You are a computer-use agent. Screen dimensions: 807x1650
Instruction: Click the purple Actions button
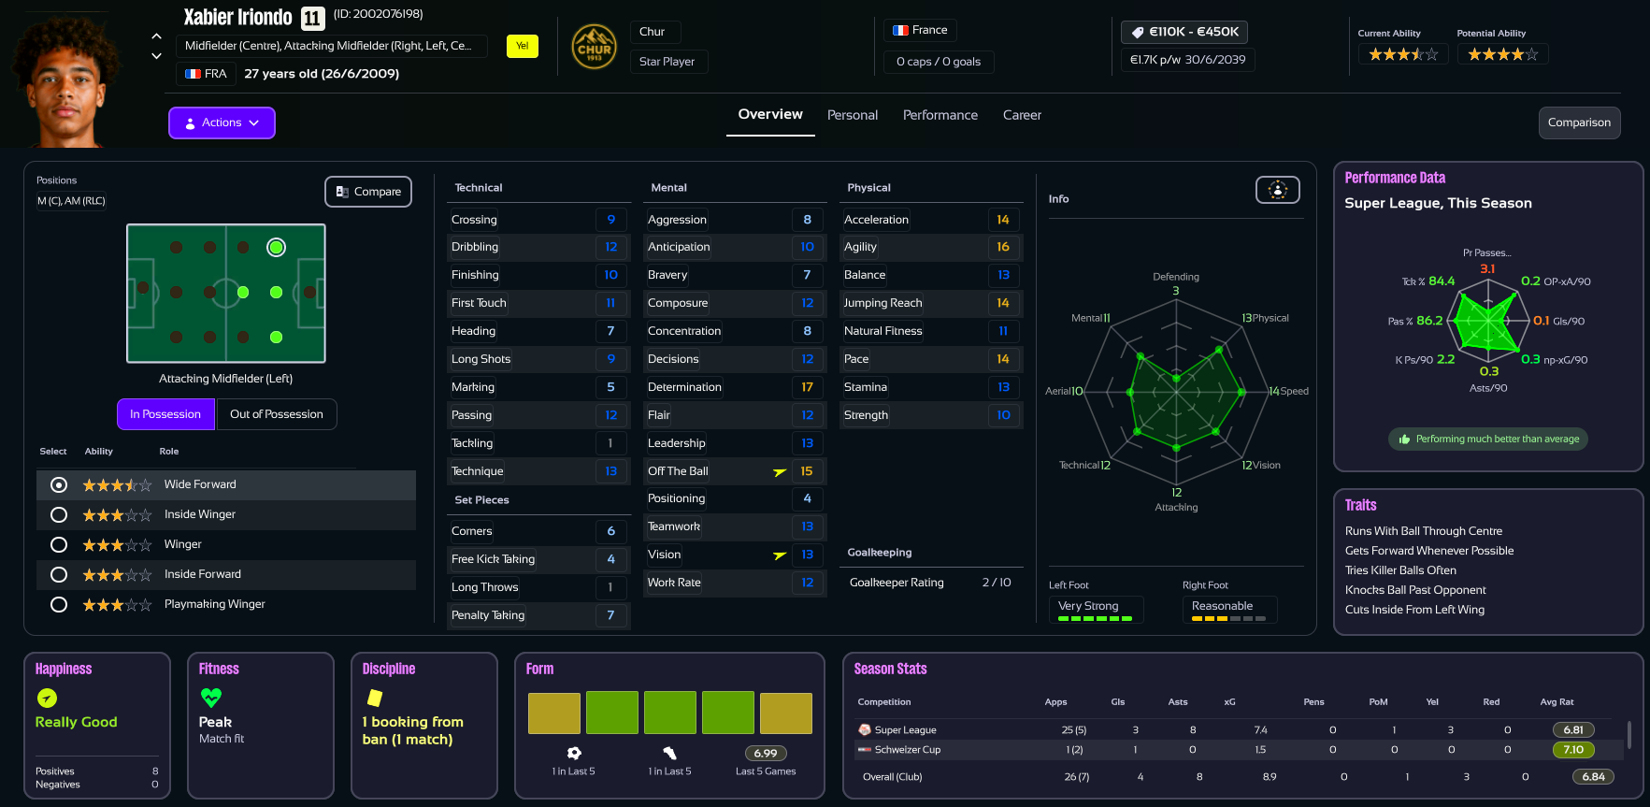click(222, 122)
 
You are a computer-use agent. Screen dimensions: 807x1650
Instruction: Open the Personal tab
click(852, 115)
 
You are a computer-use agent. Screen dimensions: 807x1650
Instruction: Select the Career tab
click(1021, 115)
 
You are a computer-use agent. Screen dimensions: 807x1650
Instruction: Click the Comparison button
click(1578, 122)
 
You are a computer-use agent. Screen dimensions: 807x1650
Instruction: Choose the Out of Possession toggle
click(276, 414)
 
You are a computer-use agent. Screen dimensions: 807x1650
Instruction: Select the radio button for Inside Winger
click(59, 514)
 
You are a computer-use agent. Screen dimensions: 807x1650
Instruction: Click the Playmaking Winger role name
click(214, 604)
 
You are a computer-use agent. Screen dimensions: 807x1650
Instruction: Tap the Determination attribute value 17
click(807, 387)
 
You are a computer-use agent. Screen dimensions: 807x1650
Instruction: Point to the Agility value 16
click(1002, 247)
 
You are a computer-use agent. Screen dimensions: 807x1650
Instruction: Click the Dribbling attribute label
click(475, 247)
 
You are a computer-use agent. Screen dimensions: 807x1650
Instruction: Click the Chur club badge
click(594, 47)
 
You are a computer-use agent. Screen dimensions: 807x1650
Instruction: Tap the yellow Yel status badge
click(522, 46)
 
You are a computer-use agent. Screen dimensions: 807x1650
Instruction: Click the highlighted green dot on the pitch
click(276, 248)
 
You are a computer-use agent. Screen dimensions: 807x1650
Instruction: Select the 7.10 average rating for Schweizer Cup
click(1572, 750)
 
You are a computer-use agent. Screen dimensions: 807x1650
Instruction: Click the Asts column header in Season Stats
click(1177, 702)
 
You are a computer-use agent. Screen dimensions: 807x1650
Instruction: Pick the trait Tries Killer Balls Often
click(1399, 570)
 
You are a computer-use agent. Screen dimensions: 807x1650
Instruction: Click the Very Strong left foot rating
click(1087, 606)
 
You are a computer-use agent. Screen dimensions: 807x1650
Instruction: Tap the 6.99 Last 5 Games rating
click(765, 754)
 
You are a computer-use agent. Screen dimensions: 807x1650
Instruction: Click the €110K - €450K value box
click(1184, 32)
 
